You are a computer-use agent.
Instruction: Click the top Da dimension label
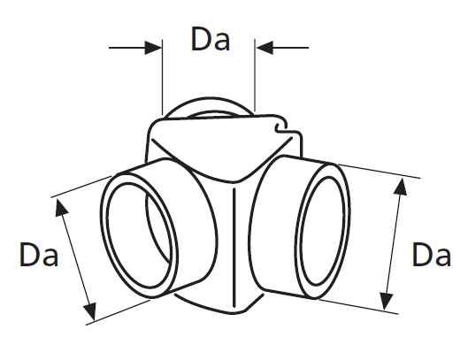(x=211, y=39)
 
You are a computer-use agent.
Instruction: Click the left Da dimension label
(x=39, y=255)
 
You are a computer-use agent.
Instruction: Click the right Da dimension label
(x=432, y=255)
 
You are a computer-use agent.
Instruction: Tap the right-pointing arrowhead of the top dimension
(x=153, y=48)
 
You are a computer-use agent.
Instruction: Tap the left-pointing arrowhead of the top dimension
(x=265, y=48)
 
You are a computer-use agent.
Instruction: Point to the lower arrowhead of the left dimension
(x=90, y=312)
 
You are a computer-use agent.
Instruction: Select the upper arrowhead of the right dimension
(x=401, y=187)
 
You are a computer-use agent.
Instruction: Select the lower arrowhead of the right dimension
(x=387, y=302)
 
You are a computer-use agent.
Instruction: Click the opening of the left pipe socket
(x=139, y=235)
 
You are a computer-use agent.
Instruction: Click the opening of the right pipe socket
(x=322, y=231)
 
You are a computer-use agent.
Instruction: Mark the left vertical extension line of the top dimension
(x=163, y=77)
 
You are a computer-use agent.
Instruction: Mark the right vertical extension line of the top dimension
(x=255, y=75)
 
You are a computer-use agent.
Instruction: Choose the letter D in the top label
(x=202, y=39)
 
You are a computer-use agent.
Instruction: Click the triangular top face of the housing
(x=222, y=146)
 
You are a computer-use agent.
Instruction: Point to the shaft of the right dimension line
(x=394, y=244)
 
